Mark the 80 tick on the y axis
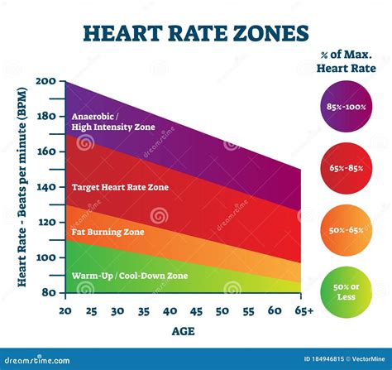(47, 293)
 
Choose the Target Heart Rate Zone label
(120, 187)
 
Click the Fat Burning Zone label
(108, 232)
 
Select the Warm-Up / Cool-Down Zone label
(129, 276)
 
